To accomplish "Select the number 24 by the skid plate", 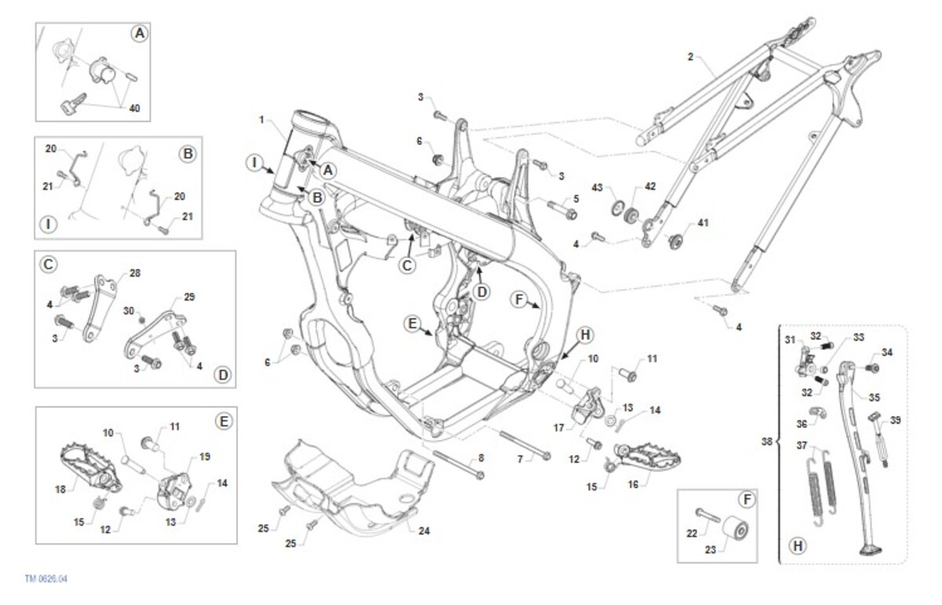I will tap(424, 530).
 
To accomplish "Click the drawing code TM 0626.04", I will tap(46, 579).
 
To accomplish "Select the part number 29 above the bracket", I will tap(188, 297).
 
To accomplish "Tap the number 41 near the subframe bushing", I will tap(703, 223).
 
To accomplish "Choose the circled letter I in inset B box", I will tap(49, 225).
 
